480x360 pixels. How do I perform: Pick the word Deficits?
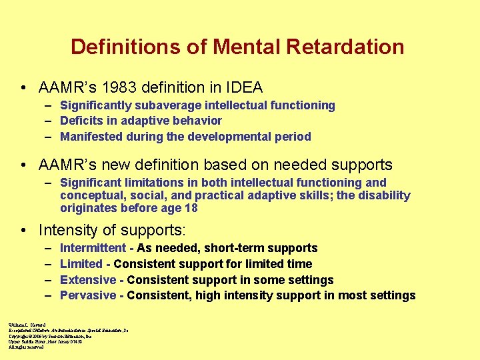(x=79, y=121)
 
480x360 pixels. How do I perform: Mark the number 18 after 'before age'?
(x=191, y=208)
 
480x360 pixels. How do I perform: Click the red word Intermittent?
(x=93, y=248)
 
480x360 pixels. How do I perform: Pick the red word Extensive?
(x=88, y=280)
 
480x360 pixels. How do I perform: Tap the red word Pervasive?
(x=88, y=295)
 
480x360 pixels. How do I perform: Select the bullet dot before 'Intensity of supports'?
(x=23, y=231)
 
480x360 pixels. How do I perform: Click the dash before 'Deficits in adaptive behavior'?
(x=50, y=121)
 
